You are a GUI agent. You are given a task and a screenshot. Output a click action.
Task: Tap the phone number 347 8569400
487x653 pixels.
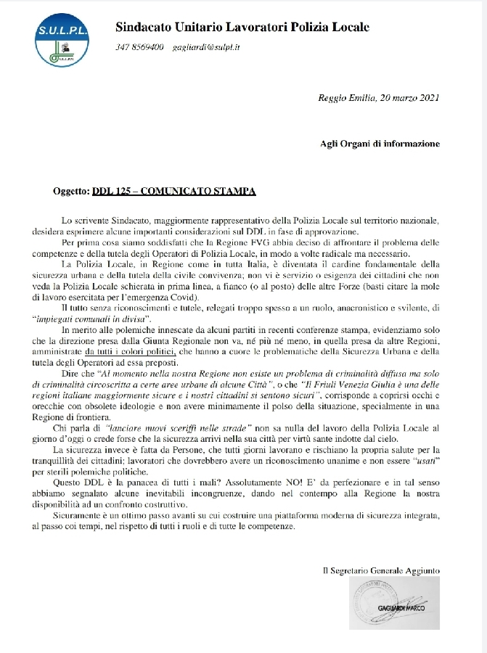[x=139, y=48]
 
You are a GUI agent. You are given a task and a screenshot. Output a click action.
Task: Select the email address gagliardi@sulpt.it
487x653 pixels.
[x=206, y=48]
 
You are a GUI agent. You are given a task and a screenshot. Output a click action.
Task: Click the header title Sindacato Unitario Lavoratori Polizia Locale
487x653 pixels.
[x=242, y=28]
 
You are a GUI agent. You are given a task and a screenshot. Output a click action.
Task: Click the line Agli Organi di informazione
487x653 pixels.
[x=380, y=144]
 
